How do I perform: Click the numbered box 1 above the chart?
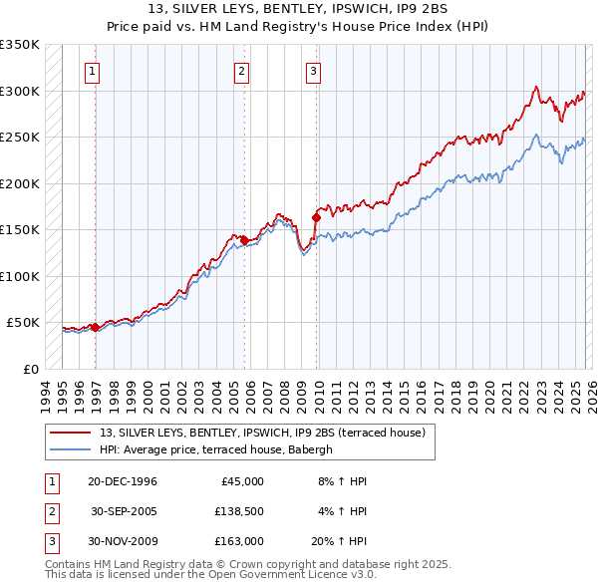92,71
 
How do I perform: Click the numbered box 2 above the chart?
242,71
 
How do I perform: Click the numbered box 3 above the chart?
313,71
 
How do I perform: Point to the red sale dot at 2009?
316,217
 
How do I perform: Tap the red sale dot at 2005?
244,239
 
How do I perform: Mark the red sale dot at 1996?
95,327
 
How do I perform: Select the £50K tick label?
23,323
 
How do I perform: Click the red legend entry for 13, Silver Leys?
263,433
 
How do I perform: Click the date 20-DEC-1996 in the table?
123,481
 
